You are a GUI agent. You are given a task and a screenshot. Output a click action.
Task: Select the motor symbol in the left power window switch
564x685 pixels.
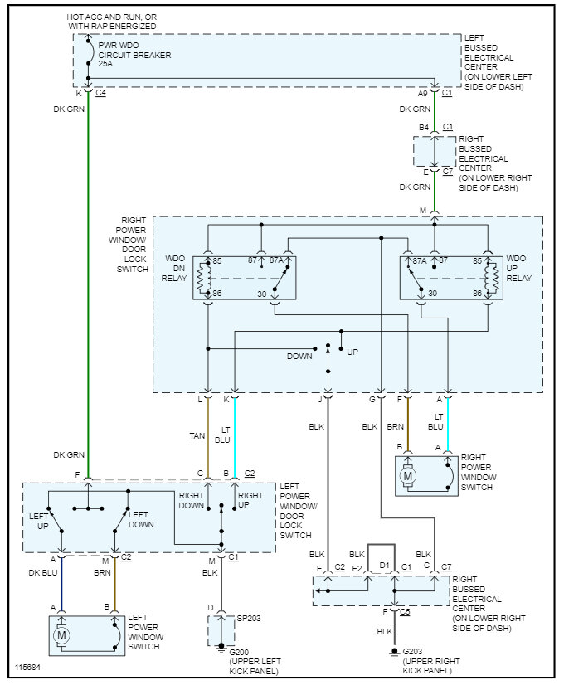point(61,636)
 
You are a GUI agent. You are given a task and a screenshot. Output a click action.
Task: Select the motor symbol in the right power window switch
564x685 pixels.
point(408,476)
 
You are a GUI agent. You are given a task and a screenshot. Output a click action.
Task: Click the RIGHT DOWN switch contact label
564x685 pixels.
point(191,500)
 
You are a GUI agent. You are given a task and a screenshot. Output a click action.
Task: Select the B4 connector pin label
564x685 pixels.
point(424,127)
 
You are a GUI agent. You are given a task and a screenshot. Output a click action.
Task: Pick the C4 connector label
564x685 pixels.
point(100,92)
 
